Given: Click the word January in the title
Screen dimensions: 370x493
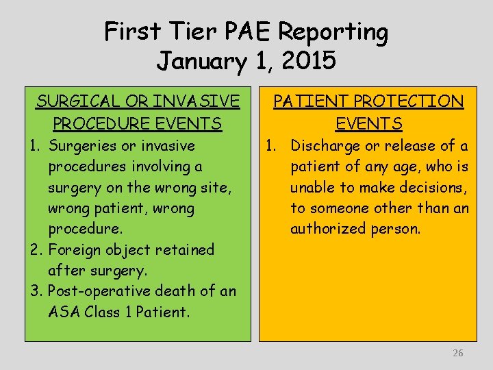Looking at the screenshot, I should tap(203, 62).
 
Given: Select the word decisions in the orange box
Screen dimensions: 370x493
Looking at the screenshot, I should tap(431, 188).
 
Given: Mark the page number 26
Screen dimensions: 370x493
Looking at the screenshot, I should tap(458, 353).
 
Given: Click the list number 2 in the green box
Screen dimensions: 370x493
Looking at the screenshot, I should tap(35, 250).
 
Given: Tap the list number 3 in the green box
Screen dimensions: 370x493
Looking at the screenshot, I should tap(35, 291).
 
